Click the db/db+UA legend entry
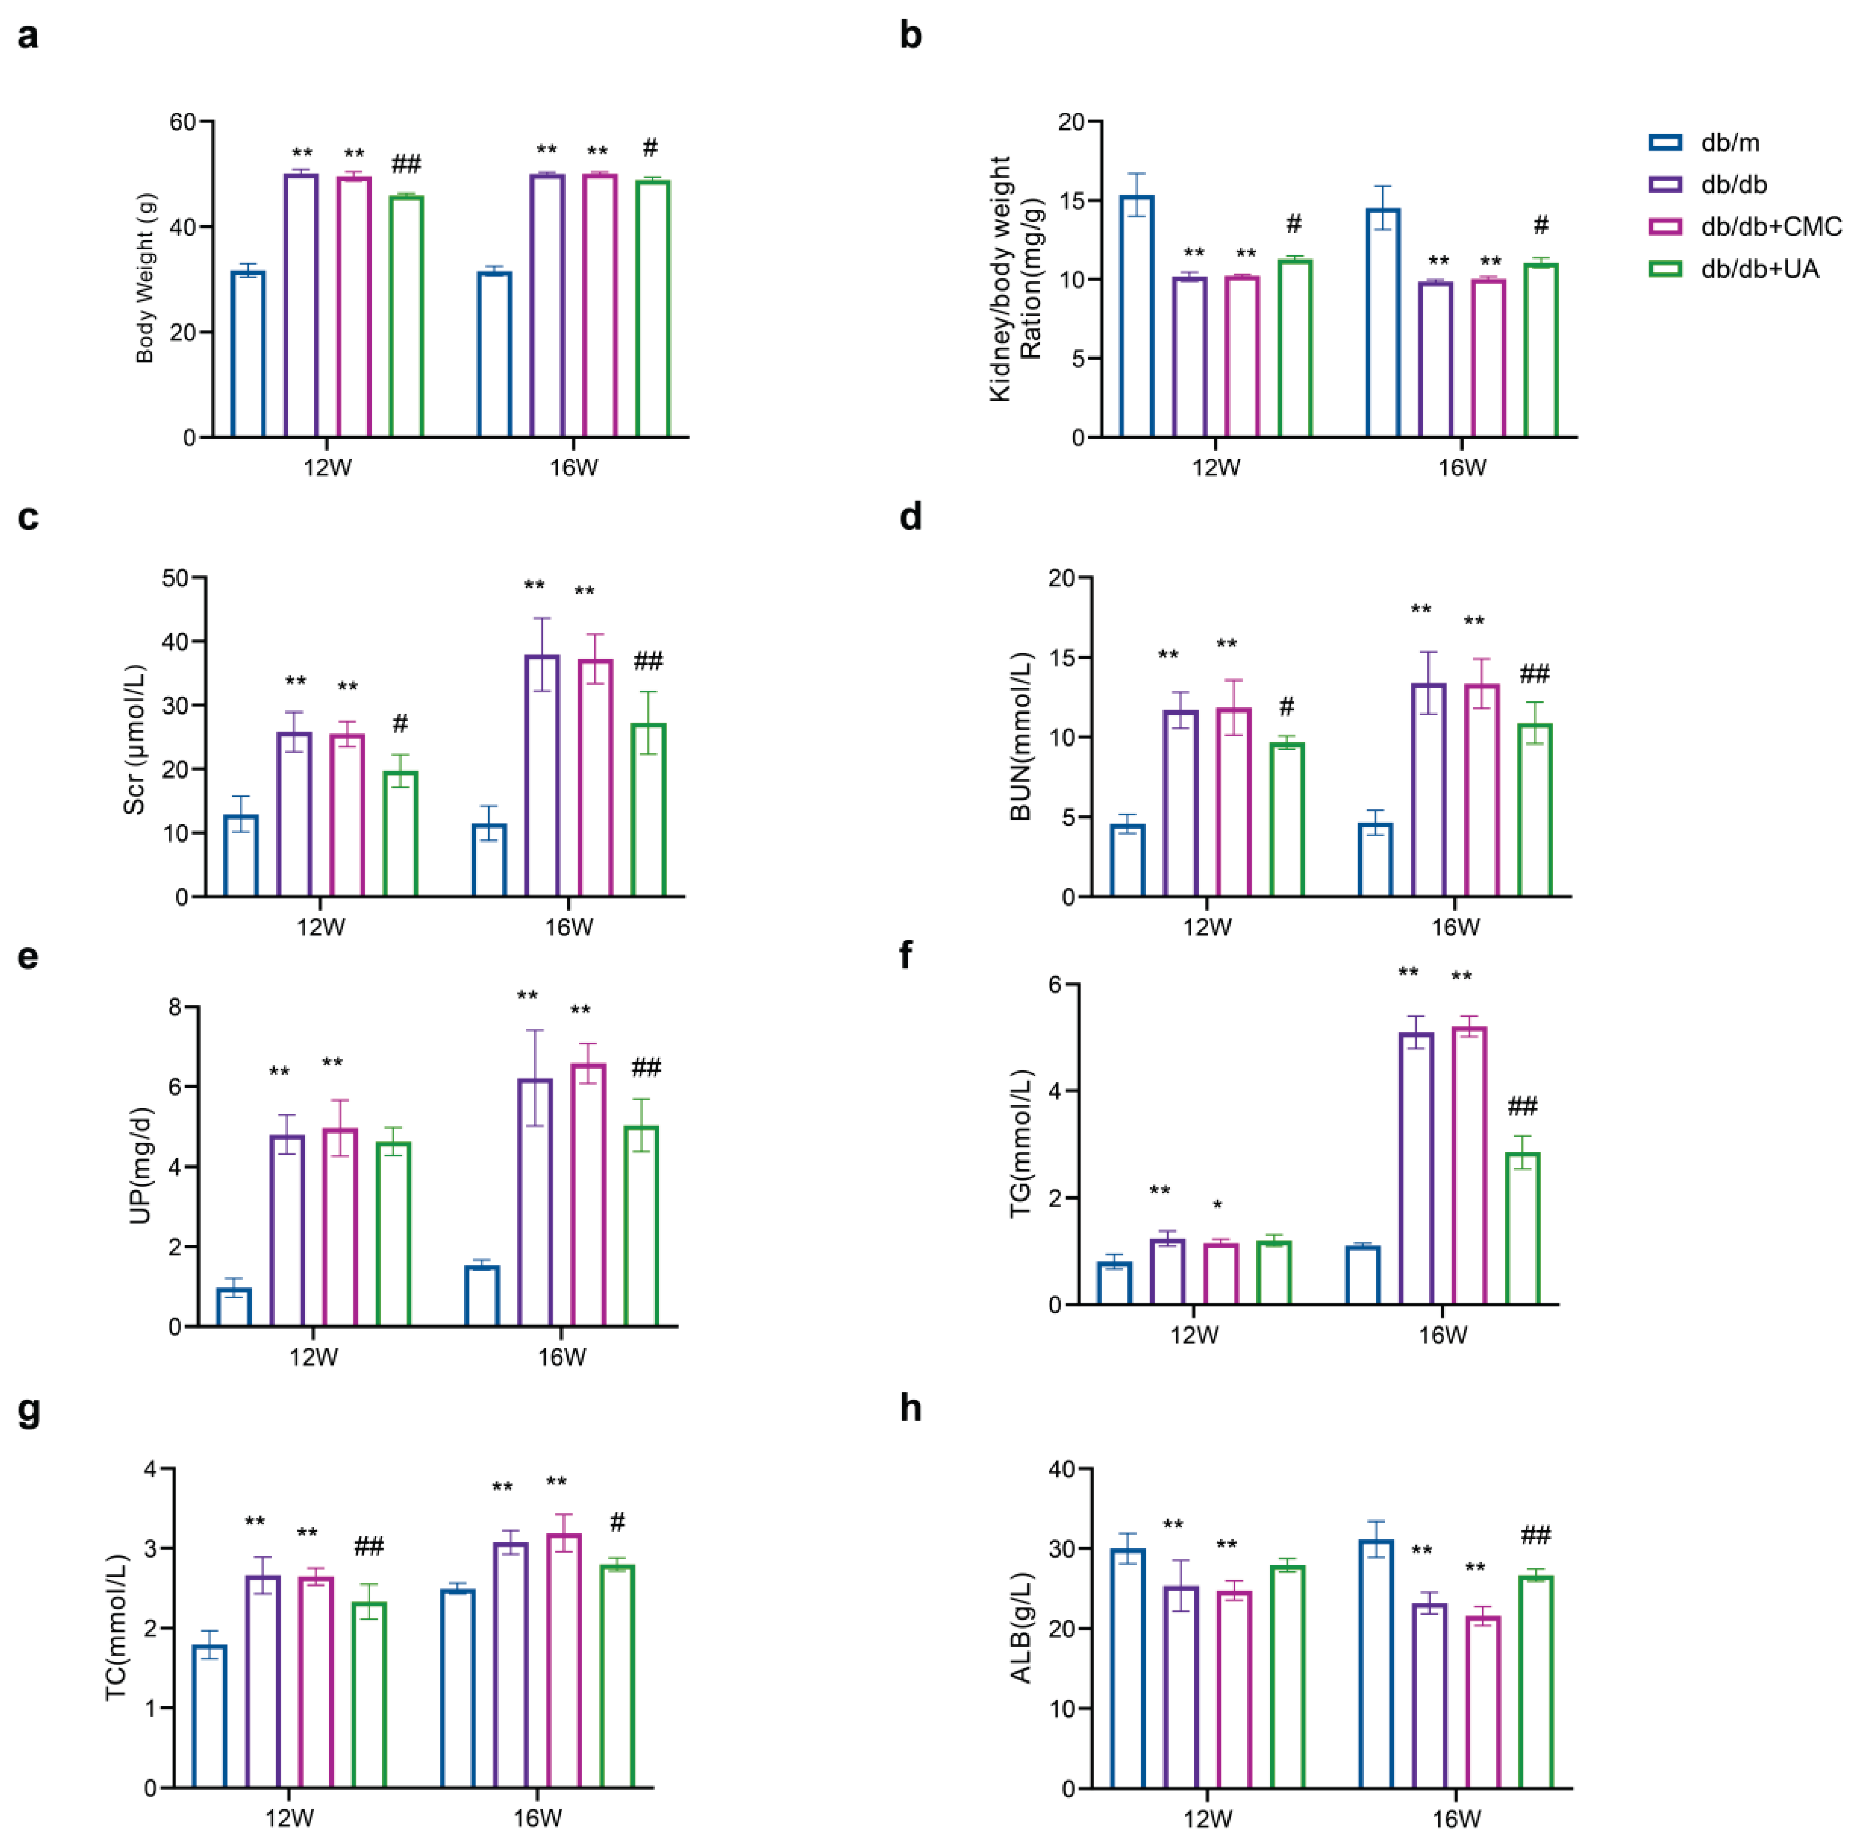tap(1759, 269)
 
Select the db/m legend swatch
tap(1666, 143)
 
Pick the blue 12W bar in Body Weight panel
tap(249, 354)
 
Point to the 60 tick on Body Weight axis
tap(182, 122)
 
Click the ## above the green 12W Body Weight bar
tap(407, 165)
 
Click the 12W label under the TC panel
tap(289, 1818)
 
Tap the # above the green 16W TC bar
tap(617, 1522)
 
